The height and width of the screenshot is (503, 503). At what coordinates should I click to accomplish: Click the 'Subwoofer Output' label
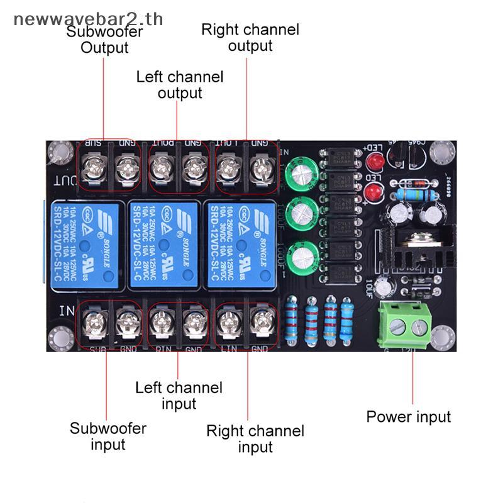pyautogui.click(x=105, y=39)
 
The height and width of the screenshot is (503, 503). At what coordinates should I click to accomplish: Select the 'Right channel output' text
pyautogui.click(x=250, y=37)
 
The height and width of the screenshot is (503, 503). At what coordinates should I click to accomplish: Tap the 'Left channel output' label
pyautogui.click(x=180, y=85)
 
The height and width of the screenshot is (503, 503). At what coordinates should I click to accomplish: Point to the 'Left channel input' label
pyautogui.click(x=179, y=395)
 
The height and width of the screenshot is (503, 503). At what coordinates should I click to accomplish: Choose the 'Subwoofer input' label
pyautogui.click(x=108, y=436)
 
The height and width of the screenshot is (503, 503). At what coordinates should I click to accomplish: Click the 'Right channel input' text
pyautogui.click(x=255, y=439)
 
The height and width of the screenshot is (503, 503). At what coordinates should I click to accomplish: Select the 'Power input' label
pyautogui.click(x=409, y=416)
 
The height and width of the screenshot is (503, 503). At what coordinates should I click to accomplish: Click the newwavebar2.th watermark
pyautogui.click(x=88, y=19)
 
